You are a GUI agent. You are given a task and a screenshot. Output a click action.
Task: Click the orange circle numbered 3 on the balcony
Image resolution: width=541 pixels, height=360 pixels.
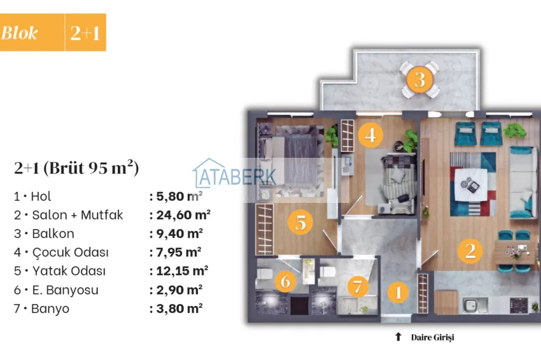click(x=419, y=80)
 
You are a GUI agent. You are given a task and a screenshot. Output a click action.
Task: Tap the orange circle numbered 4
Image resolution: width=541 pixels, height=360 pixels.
click(x=370, y=134)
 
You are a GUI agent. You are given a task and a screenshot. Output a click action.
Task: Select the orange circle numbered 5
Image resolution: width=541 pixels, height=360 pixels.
click(x=300, y=222)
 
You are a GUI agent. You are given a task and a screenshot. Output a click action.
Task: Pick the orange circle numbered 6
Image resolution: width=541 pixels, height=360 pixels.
click(x=286, y=280)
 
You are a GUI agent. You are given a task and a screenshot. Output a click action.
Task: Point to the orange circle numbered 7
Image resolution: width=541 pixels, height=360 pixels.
click(x=358, y=286)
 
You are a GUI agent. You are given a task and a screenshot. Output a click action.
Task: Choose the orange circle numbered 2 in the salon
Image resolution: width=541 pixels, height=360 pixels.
click(x=470, y=250)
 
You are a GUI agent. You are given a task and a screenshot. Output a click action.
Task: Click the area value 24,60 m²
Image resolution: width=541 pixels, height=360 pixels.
click(x=179, y=215)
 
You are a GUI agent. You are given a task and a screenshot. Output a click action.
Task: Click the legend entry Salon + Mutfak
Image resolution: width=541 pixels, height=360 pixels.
click(x=68, y=215)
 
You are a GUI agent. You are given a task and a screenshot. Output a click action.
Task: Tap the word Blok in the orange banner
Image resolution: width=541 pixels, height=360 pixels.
click(x=20, y=33)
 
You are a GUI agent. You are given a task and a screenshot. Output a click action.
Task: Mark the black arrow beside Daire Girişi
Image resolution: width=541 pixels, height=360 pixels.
click(x=398, y=337)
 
